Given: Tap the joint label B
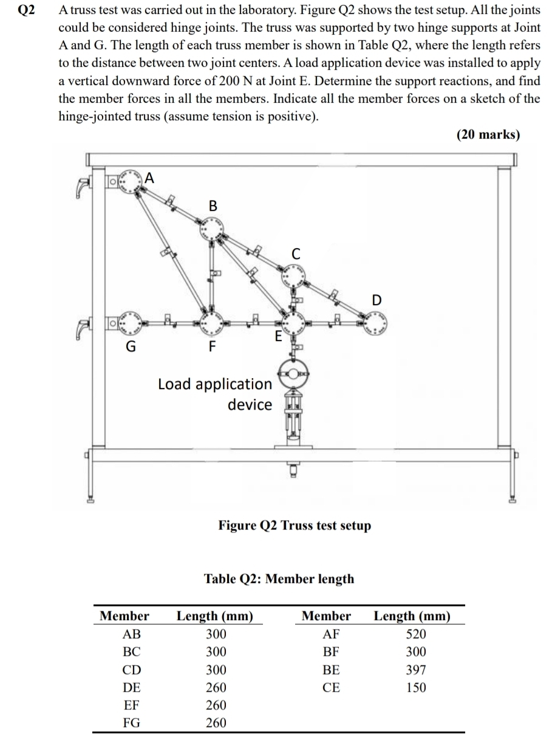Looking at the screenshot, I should (213, 205).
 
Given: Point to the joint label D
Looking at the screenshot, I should (377, 300).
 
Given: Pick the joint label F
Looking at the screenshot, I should (212, 347).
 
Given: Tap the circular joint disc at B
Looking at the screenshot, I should (212, 230).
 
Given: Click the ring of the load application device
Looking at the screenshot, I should (294, 373).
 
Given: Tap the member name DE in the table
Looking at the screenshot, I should (131, 688).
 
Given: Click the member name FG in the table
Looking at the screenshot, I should (131, 723).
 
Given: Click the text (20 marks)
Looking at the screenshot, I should (488, 135).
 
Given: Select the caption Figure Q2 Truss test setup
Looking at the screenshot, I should (294, 525).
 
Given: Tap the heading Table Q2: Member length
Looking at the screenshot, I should (279, 578).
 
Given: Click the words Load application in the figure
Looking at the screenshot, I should (215, 384).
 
